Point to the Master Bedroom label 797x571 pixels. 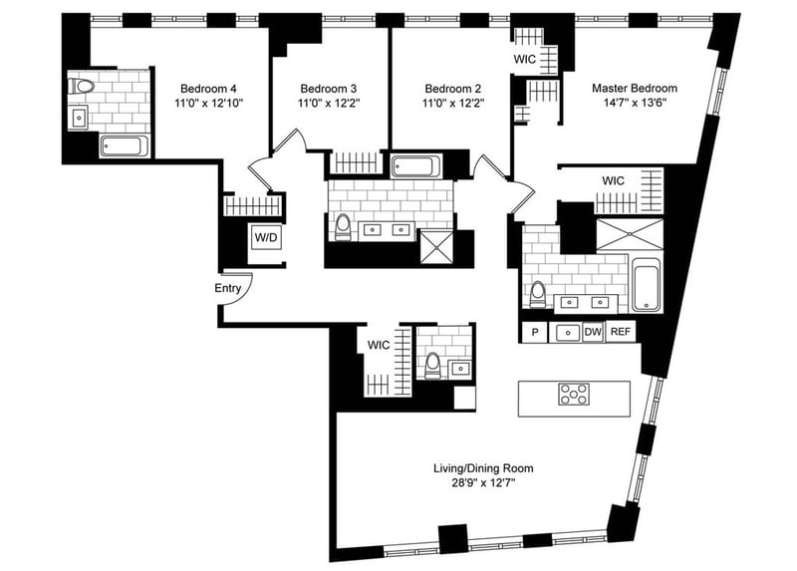pos(634,88)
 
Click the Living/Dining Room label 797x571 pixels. pos(482,467)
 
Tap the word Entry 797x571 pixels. pos(228,288)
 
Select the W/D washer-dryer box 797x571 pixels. pos(265,238)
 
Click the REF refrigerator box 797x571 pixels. pos(620,332)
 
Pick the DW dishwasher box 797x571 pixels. pos(593,332)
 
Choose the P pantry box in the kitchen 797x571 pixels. pos(535,332)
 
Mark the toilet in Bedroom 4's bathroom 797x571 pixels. pos(82,86)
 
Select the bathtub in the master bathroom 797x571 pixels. pos(645,283)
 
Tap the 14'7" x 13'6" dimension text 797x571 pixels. pos(634,102)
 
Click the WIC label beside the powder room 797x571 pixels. pos(379,345)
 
